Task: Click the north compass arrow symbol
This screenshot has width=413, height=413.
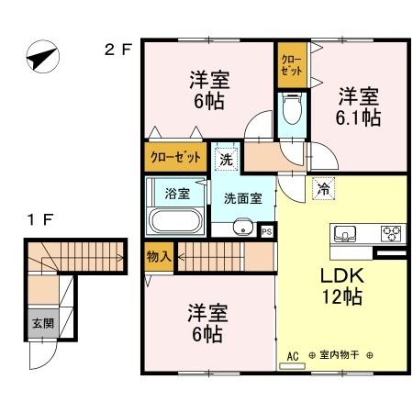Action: click(x=42, y=57)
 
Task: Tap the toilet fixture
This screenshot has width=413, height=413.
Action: click(x=292, y=109)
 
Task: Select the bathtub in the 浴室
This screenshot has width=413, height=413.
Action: click(x=175, y=220)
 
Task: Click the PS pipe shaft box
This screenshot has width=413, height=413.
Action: click(x=267, y=231)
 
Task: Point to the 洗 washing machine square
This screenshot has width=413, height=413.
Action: click(x=227, y=159)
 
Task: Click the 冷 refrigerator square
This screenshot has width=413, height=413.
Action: click(x=323, y=188)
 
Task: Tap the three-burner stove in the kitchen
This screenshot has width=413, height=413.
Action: click(x=391, y=233)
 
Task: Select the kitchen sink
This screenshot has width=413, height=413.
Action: click(x=345, y=233)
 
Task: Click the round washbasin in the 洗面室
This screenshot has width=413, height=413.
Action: click(x=243, y=227)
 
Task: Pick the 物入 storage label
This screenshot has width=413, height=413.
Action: click(x=159, y=257)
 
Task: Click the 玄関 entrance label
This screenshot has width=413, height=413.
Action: click(x=43, y=323)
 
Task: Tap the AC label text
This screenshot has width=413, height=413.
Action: click(x=293, y=356)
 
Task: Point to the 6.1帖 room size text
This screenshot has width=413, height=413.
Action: click(x=358, y=117)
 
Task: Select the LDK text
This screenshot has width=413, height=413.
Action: click(x=342, y=275)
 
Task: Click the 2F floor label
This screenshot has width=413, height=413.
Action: click(x=117, y=50)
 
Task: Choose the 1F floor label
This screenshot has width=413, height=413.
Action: click(x=40, y=219)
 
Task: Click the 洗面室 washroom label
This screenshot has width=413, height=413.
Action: click(x=243, y=199)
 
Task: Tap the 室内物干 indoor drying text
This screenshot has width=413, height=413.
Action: click(x=339, y=355)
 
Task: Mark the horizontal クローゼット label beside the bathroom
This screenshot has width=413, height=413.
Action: click(x=175, y=157)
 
